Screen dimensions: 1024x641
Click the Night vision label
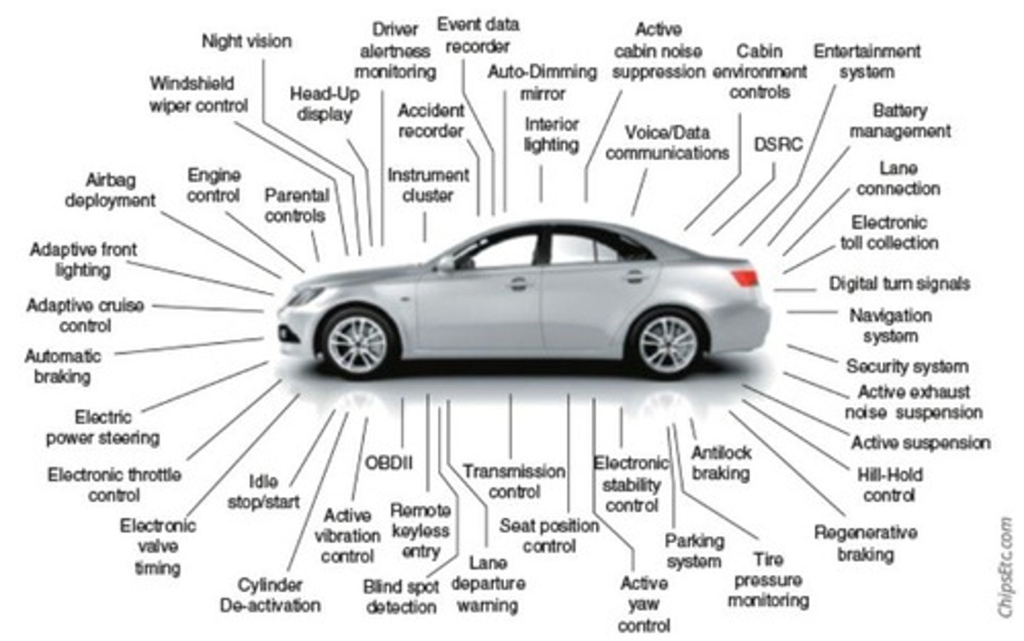pos(247,41)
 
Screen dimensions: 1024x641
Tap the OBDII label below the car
pos(388,463)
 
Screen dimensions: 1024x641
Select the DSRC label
pos(778,144)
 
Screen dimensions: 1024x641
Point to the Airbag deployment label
pos(110,190)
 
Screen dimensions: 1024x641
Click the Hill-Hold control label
pos(890,484)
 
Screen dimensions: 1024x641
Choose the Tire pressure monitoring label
pos(768,580)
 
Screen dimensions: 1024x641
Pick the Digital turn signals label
pos(899,283)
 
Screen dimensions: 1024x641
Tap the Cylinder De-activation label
pos(270,595)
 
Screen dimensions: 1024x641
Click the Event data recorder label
pos(478,35)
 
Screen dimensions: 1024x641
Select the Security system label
pos(907,366)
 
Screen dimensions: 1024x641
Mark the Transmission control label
pos(513,481)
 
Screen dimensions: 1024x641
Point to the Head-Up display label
pos(324,104)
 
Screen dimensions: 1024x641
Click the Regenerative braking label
pos(865,543)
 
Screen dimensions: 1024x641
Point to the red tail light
pos(744,277)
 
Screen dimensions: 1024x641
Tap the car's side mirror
pos(447,264)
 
